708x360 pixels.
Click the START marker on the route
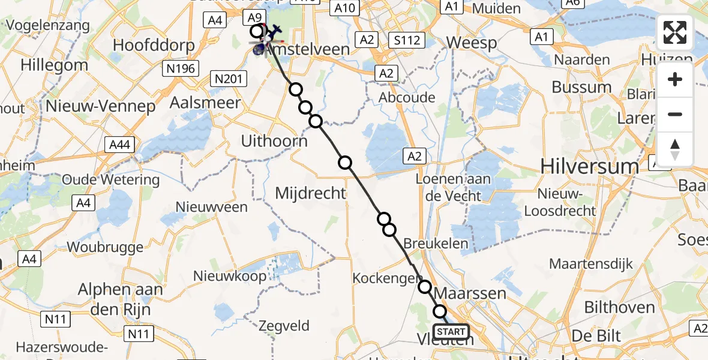click(x=451, y=332)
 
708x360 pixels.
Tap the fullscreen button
click(x=675, y=32)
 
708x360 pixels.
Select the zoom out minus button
click(x=675, y=114)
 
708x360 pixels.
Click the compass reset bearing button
click(x=675, y=149)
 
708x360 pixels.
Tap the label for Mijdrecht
click(x=310, y=193)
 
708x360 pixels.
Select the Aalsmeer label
click(x=206, y=103)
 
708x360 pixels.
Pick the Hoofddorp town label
click(x=154, y=46)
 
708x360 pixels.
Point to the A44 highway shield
click(x=120, y=145)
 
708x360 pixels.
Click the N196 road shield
click(x=181, y=69)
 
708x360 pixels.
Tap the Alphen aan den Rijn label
click(x=121, y=299)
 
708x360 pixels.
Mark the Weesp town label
click(x=472, y=43)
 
